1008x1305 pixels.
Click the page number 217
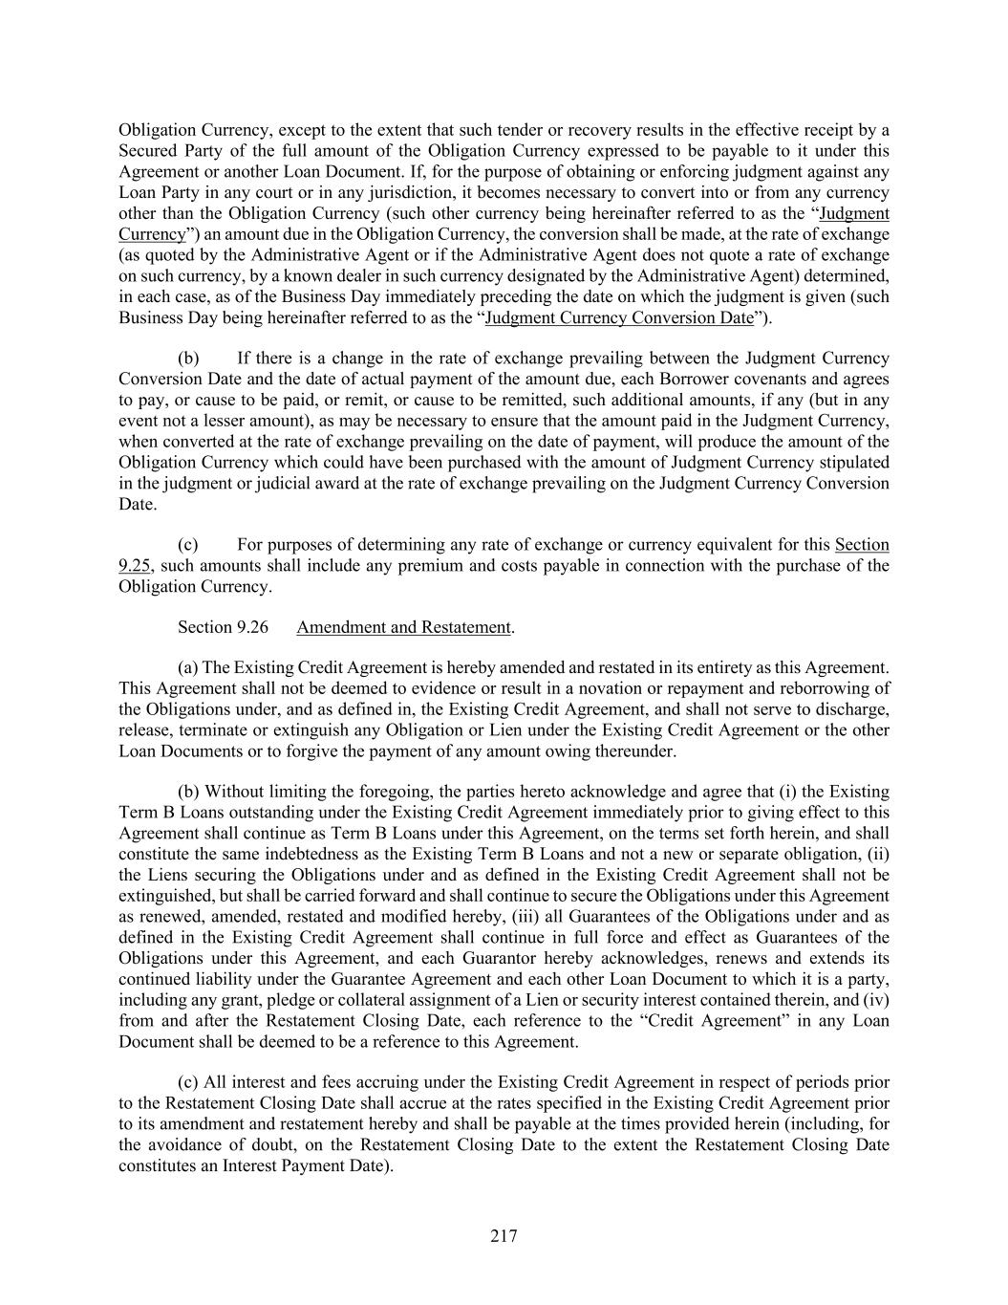(504, 1236)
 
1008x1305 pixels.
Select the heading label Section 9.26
(223, 627)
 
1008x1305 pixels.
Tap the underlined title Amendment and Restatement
(404, 627)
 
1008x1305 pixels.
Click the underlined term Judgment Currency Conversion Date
(619, 317)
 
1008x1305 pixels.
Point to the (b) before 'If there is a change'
(188, 358)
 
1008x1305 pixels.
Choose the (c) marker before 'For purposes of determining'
(188, 544)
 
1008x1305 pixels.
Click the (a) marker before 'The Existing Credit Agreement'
(188, 667)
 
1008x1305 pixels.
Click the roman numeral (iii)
(509, 916)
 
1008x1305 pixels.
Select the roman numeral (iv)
(874, 999)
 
